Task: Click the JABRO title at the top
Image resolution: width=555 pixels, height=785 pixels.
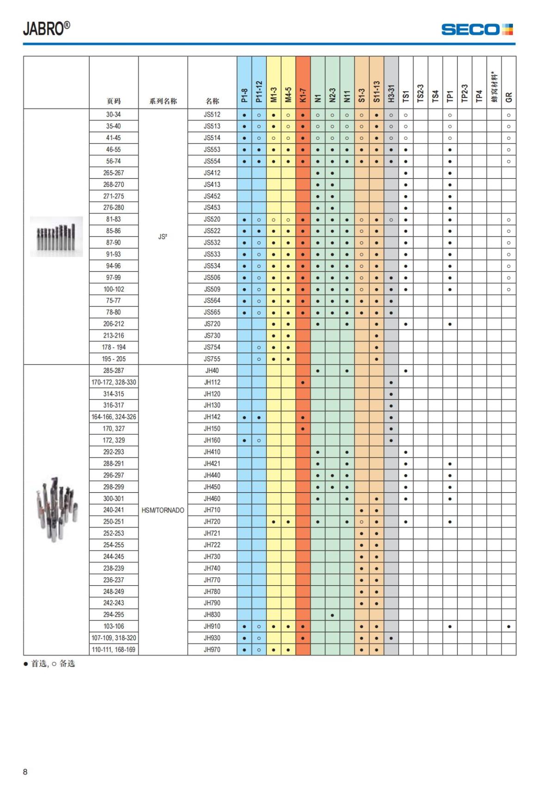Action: pos(47,29)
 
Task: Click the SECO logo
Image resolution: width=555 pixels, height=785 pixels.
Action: pos(477,30)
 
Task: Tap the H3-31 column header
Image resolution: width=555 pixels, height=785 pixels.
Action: pos(391,93)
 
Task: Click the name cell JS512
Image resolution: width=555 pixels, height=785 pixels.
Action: pos(212,115)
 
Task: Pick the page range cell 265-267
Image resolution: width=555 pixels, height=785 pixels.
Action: pos(113,173)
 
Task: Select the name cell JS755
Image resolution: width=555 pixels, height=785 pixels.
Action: pos(212,359)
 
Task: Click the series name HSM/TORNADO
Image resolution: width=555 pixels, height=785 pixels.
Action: pos(163,510)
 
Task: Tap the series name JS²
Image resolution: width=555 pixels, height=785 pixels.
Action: pos(163,237)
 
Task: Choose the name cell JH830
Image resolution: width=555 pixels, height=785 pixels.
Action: pos(212,615)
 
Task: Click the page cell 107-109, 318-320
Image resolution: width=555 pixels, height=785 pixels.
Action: pos(113,638)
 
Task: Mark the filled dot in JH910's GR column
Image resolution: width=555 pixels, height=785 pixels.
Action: pos(509,627)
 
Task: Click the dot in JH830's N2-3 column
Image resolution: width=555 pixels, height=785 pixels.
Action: pos(332,615)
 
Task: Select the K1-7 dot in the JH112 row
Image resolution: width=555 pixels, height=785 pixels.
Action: pos(302,383)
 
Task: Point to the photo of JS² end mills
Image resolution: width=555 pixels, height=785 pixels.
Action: pos(56,236)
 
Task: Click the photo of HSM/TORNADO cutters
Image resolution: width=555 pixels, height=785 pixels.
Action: pos(56,510)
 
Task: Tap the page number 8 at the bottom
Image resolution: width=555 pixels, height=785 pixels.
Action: pos(25,772)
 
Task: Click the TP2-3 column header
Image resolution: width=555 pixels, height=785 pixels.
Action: pos(465,93)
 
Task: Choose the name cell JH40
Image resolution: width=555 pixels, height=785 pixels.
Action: pos(212,371)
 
